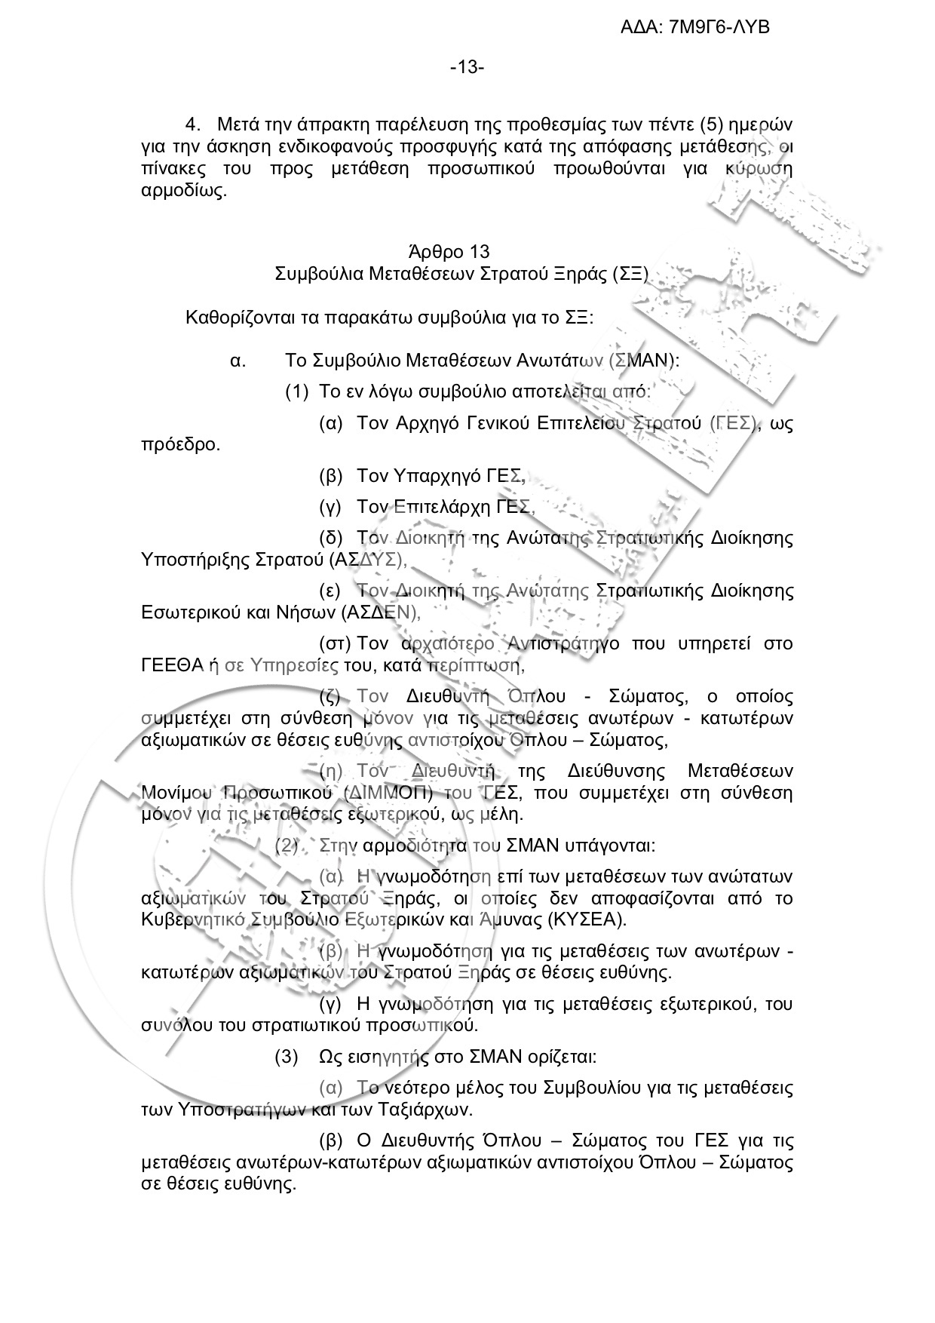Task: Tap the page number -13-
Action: [x=467, y=68]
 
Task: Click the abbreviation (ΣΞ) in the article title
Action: [x=630, y=273]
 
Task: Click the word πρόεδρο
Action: [x=180, y=444]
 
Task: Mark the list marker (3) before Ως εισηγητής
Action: [x=287, y=1057]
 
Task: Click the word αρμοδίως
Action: [x=184, y=191]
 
